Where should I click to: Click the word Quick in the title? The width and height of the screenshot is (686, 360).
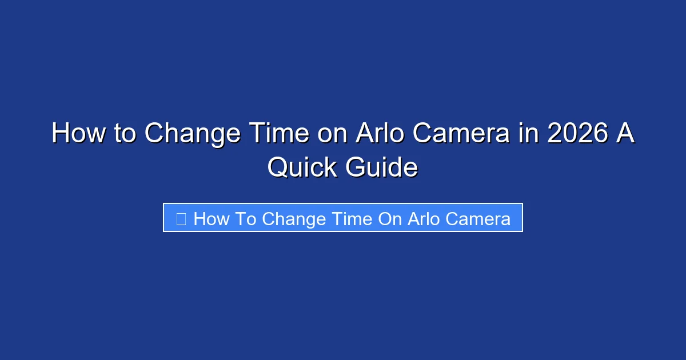click(302, 167)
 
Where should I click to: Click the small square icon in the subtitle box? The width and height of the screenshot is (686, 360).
click(181, 219)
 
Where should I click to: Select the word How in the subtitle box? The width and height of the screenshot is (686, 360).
click(212, 219)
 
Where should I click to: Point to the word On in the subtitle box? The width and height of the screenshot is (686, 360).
click(390, 219)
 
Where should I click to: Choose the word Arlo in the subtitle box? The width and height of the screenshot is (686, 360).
click(425, 219)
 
